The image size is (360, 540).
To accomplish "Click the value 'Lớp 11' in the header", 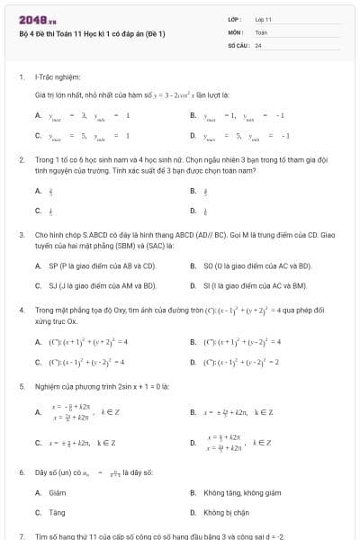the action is pos(263,19).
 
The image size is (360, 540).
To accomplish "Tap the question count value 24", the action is pos(258,44).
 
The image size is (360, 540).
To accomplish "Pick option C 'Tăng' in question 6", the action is pos(57,511).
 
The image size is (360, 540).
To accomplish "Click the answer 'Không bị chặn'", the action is pos(225,511).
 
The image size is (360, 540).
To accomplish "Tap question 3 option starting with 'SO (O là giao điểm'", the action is pos(257,265).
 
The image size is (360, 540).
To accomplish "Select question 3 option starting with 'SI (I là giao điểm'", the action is pos(256,285).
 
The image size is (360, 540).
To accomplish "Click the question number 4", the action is pos(21,309).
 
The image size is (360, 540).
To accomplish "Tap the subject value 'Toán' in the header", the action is pos(261,31).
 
